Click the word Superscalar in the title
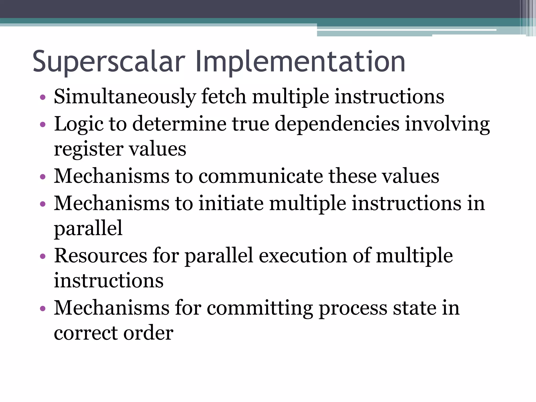tap(109, 62)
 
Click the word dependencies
tap(337, 124)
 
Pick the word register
tap(88, 149)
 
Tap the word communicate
tap(260, 176)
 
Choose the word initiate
tap(231, 203)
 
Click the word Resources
tap(100, 255)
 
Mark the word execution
tap(303, 255)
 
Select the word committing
tap(260, 308)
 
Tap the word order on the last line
tap(148, 333)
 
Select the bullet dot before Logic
tap(43, 125)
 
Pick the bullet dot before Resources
tap(43, 256)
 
